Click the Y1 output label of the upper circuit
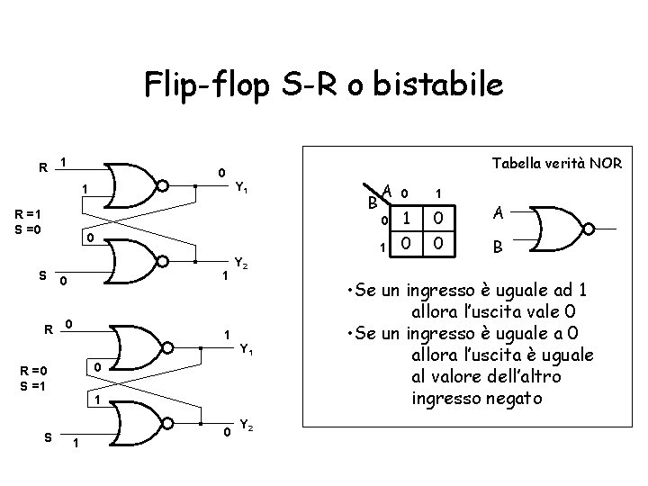point(241,189)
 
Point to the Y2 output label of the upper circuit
point(240,265)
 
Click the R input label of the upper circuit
point(42,166)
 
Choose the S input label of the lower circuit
point(46,437)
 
